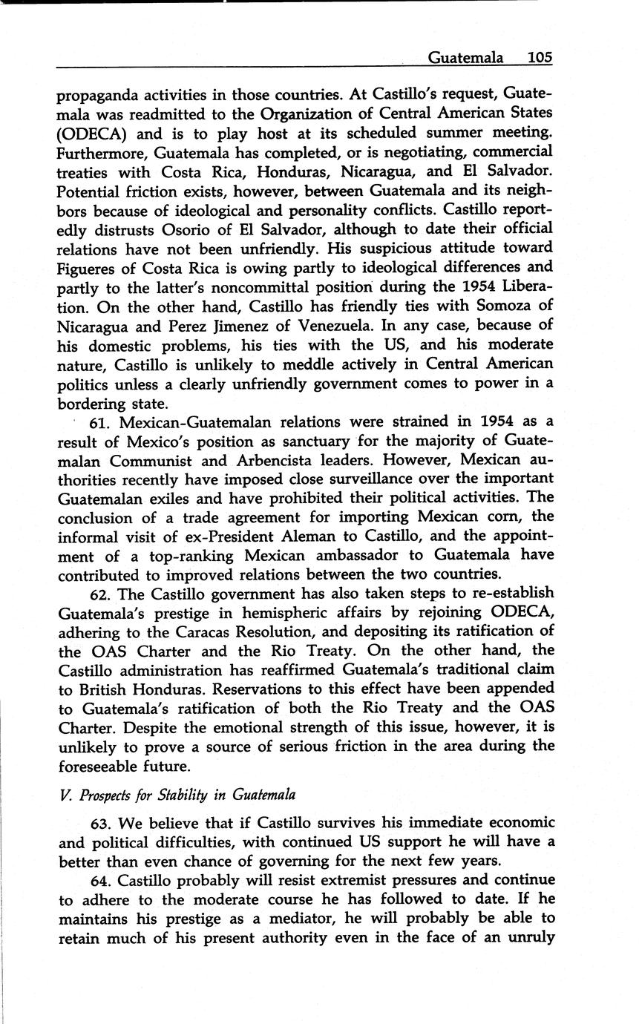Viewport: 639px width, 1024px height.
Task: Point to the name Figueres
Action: tap(88, 267)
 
